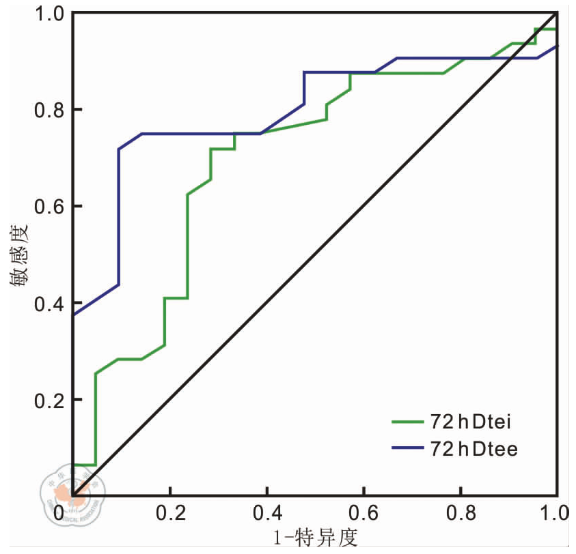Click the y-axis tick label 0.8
49,109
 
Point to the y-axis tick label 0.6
49,206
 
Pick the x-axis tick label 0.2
169,512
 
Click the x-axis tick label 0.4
266,512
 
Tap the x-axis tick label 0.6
364,512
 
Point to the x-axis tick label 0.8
461,512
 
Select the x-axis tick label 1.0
556,512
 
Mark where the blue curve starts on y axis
72,315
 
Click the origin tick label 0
59,512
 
